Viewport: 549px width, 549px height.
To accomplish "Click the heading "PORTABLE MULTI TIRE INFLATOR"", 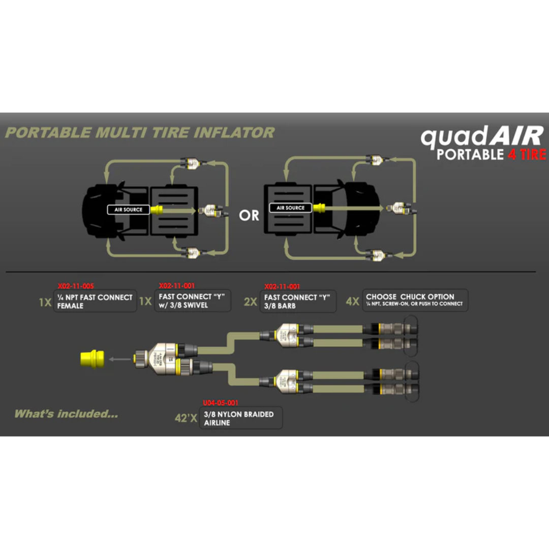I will pyautogui.click(x=139, y=133).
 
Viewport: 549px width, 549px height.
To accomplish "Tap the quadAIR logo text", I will pyautogui.click(x=482, y=137).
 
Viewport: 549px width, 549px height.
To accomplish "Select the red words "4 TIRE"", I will pyautogui.click(x=527, y=155).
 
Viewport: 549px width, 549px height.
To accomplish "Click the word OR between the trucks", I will pyautogui.click(x=249, y=216).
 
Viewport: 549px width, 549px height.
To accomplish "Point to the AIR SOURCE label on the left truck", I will pyautogui.click(x=128, y=209).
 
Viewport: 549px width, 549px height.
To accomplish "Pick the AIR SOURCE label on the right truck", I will pyautogui.click(x=291, y=208).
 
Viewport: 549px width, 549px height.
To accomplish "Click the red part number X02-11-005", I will pyautogui.click(x=76, y=286).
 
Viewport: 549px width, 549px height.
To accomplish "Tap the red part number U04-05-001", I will pyautogui.click(x=220, y=403).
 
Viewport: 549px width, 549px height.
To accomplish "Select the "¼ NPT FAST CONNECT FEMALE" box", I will pyautogui.click(x=95, y=301).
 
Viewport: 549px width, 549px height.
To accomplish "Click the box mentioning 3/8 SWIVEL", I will pyautogui.click(x=193, y=301).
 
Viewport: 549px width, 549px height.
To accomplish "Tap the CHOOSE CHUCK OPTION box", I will pyautogui.click(x=414, y=300).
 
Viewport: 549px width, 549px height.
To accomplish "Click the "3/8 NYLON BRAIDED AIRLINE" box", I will pyautogui.click(x=240, y=418).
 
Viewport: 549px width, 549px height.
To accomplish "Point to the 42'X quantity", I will pyautogui.click(x=186, y=419).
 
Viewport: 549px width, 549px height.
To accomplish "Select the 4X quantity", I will pyautogui.click(x=352, y=301).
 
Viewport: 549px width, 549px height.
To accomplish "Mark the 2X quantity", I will pyautogui.click(x=250, y=302).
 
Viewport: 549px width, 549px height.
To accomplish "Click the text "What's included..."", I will pyautogui.click(x=66, y=414).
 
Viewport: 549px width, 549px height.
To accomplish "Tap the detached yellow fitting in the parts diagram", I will pyautogui.click(x=92, y=358).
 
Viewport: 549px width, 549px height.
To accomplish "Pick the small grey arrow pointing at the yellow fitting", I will pyautogui.click(x=120, y=359).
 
